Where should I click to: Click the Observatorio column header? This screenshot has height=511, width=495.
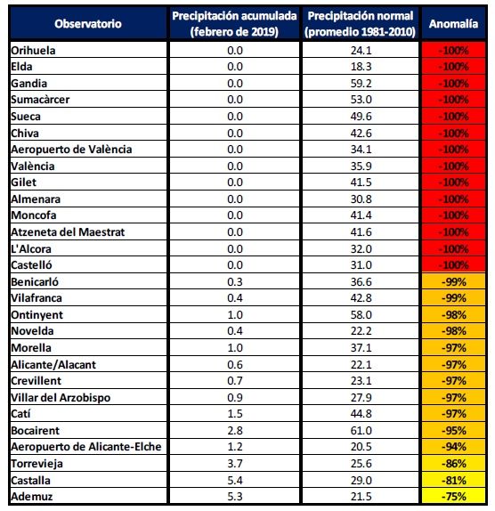88,24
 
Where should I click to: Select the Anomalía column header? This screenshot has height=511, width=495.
453,24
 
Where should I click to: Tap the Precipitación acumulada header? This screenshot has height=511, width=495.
234,24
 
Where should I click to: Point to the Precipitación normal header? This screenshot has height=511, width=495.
360,24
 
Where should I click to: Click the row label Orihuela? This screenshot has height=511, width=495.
33,51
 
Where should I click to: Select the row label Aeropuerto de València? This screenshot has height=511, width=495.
71,150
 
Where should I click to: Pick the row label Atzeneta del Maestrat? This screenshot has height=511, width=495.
68,232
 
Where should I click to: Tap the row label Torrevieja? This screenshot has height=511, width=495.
37,464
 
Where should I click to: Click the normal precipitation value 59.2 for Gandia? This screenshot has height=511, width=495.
361,84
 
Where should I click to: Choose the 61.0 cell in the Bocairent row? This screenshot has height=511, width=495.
361,431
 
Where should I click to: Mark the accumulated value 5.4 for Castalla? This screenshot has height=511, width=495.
235,480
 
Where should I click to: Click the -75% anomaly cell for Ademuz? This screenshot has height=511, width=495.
454,497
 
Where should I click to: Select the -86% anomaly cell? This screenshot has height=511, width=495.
454,464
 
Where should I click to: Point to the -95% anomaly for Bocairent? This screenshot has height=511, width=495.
454,431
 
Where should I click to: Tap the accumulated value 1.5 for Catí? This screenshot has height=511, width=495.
235,414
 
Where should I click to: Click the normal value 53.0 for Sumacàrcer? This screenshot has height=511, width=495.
361,100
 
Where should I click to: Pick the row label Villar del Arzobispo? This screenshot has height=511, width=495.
61,398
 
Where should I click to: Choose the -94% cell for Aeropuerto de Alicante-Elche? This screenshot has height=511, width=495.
454,447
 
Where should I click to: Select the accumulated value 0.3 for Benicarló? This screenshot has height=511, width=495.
235,281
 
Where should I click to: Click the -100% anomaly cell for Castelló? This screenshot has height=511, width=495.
453,265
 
